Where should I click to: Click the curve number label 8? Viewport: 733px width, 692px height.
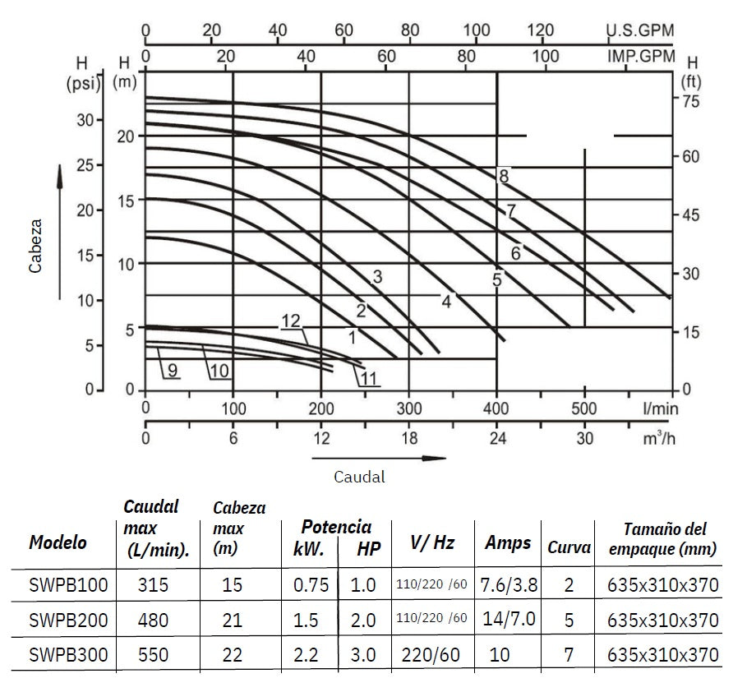504,175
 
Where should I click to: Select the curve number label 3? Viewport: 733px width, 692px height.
377,277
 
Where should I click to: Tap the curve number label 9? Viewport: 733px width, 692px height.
173,371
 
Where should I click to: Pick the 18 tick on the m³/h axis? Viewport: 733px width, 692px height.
408,439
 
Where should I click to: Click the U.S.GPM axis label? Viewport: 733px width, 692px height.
639,30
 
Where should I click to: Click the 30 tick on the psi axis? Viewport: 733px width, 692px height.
86,119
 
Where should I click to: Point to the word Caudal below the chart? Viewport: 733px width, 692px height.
359,476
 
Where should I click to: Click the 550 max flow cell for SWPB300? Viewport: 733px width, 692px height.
154,655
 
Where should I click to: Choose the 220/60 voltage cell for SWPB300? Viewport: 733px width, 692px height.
431,655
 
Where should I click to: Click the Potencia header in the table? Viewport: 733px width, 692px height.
336,527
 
